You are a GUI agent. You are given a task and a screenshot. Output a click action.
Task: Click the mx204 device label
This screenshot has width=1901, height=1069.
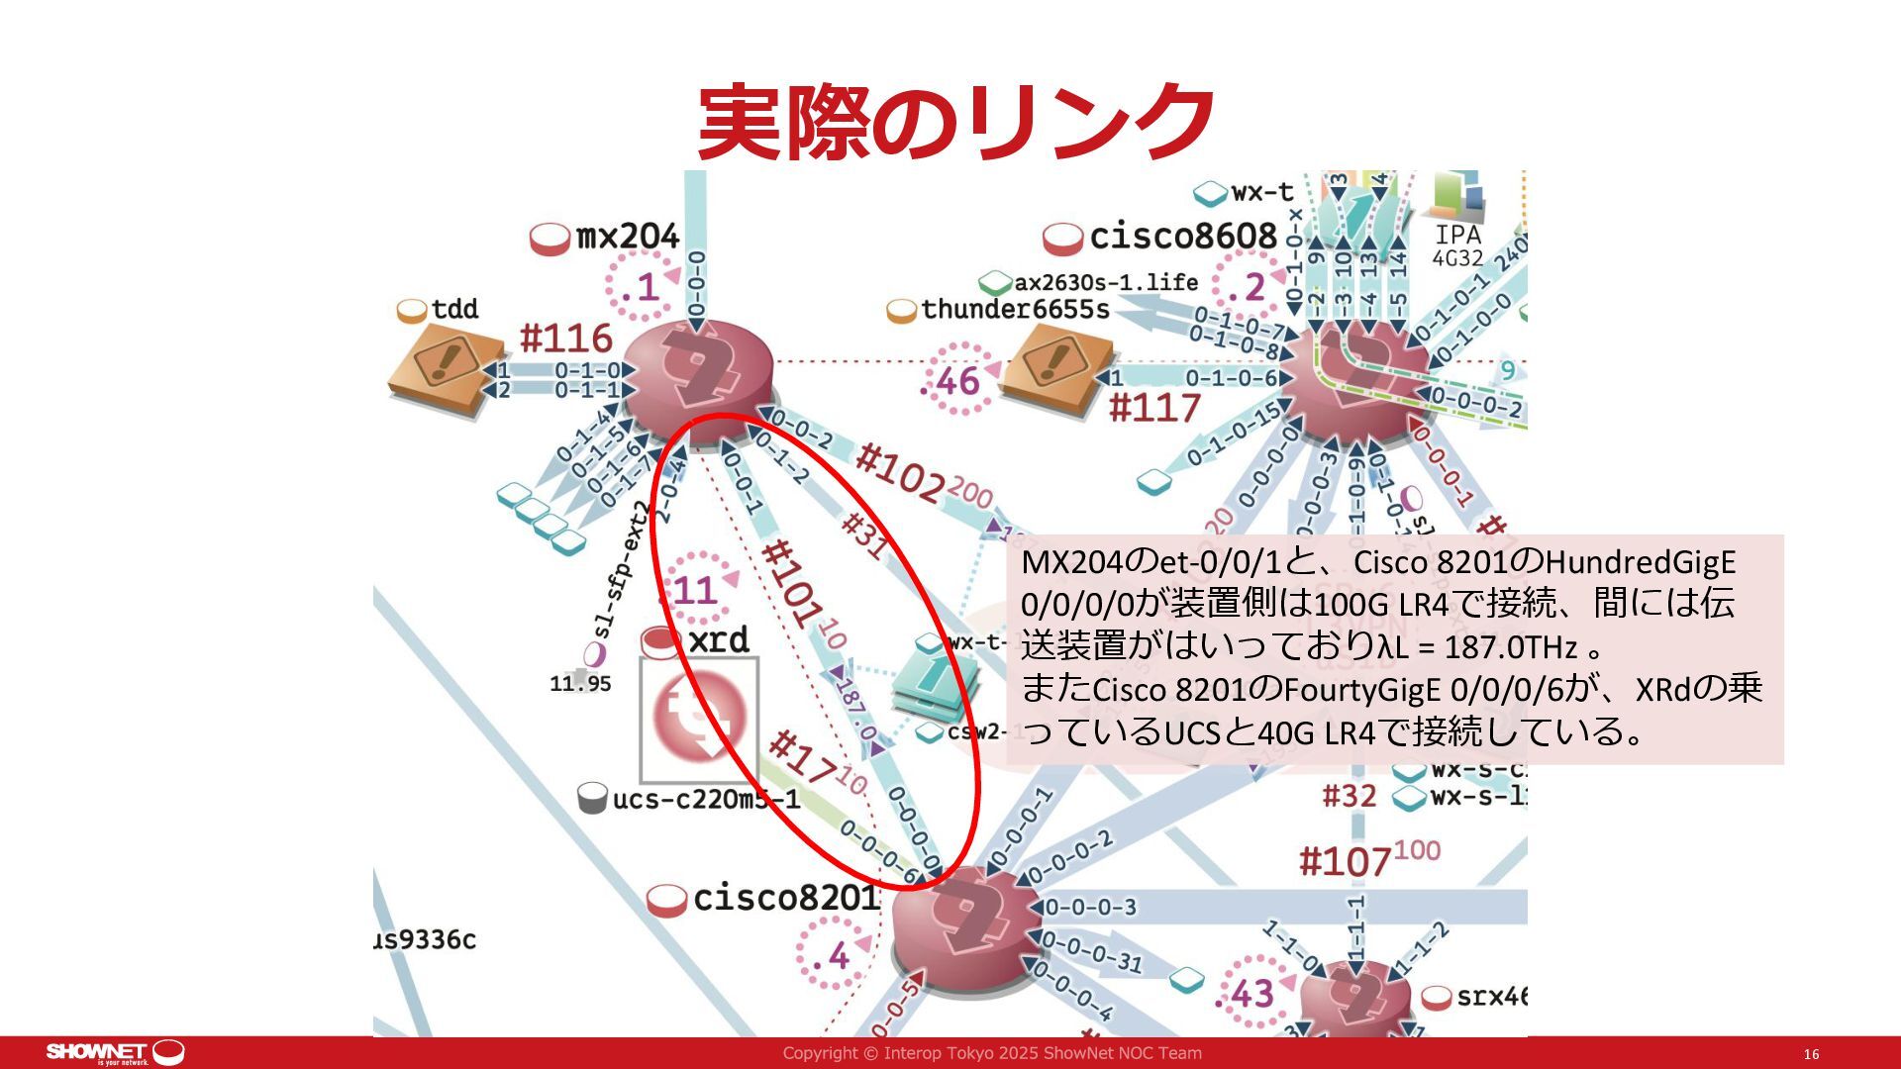pyautogui.click(x=627, y=238)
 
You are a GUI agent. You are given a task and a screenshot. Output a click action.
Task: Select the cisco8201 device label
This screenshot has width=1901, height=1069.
pyautogui.click(x=785, y=899)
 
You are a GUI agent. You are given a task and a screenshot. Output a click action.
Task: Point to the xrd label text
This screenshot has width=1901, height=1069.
pyautogui.click(x=718, y=640)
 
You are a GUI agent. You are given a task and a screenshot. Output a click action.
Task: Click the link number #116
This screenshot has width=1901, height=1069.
pyautogui.click(x=566, y=339)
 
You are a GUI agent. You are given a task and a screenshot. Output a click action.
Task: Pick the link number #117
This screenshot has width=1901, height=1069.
pyautogui.click(x=1154, y=407)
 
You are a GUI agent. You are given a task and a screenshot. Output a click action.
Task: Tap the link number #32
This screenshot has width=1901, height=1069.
pyautogui.click(x=1350, y=796)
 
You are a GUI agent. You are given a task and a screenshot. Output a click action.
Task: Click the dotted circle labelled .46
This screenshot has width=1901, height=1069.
pyautogui.click(x=956, y=381)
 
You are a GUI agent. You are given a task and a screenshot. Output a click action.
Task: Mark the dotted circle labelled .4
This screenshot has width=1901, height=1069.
pyautogui.click(x=832, y=955)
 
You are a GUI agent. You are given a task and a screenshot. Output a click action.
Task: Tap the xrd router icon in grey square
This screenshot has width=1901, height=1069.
pyautogui.click(x=699, y=718)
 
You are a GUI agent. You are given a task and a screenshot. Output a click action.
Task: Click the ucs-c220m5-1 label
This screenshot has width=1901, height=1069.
pyautogui.click(x=705, y=800)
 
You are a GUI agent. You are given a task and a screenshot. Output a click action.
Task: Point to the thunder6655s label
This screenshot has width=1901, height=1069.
pyautogui.click(x=1015, y=310)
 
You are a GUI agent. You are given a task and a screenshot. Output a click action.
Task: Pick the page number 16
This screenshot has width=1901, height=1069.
pyautogui.click(x=1811, y=1055)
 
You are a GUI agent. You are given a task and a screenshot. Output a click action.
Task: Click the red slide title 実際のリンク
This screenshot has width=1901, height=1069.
pyautogui.click(x=955, y=122)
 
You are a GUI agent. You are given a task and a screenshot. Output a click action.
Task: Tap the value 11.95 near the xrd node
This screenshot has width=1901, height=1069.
pyautogui.click(x=580, y=683)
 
